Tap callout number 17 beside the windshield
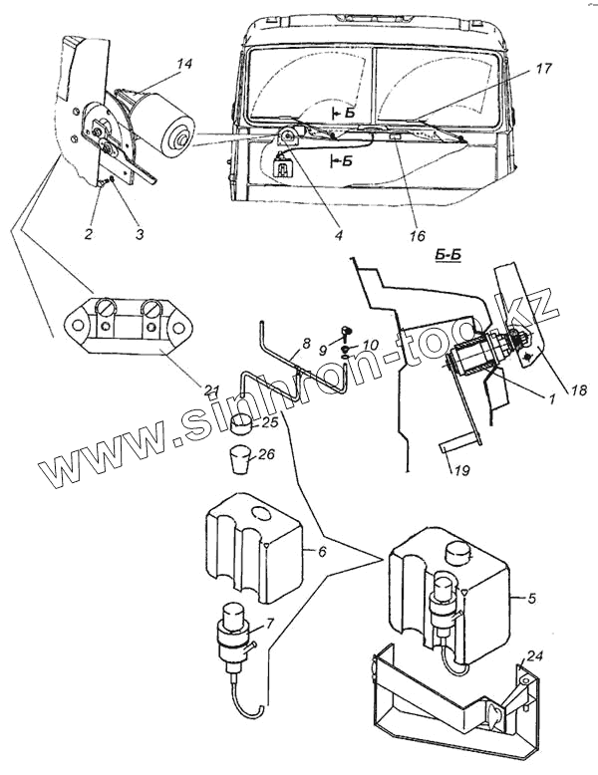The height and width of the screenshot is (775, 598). coord(542,68)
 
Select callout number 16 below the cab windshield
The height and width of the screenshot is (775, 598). coord(418,236)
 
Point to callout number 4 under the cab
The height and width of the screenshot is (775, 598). coord(338,236)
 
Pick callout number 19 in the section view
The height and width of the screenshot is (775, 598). coord(458,470)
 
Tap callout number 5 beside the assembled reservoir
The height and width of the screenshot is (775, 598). coord(531,599)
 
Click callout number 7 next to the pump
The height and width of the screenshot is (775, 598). coord(269,624)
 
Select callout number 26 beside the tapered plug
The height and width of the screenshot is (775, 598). coord(266,453)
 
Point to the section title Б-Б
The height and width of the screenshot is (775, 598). coord(448,257)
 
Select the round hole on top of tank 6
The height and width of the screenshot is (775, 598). coord(262,514)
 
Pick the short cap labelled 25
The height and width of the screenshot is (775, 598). coord(242,425)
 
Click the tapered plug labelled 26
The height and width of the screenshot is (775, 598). coord(239,460)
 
